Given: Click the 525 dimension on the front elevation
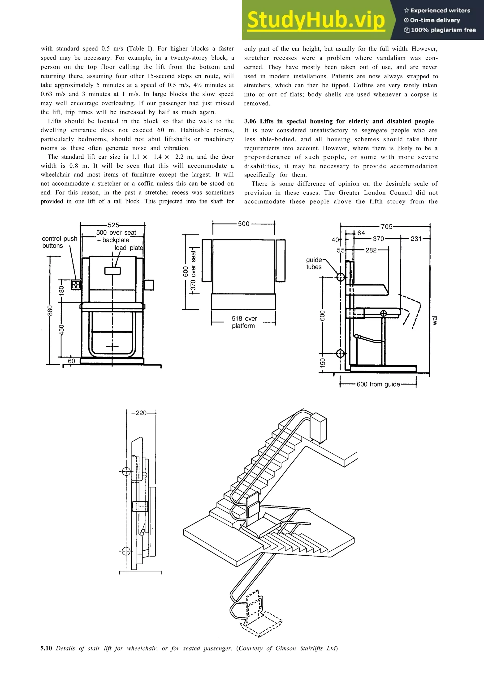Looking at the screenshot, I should pyautogui.click(x=113, y=225).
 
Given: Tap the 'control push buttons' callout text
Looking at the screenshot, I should pyautogui.click(x=59, y=242).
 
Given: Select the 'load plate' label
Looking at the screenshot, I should pyautogui.click(x=129, y=248).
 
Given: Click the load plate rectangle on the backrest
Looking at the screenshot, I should pyautogui.click(x=112, y=271).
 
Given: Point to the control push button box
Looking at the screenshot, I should pyautogui.click(x=76, y=285).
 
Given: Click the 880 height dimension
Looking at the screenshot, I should pyautogui.click(x=50, y=310).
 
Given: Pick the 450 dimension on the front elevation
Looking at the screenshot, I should pyautogui.click(x=61, y=330).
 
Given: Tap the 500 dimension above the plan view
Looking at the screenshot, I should pyautogui.click(x=243, y=224).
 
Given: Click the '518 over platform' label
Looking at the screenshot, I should pyautogui.click(x=244, y=322).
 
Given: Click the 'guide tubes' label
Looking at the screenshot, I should pyautogui.click(x=314, y=263).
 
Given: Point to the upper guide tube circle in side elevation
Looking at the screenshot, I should pyautogui.click(x=340, y=277).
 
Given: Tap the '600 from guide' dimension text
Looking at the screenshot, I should pyautogui.click(x=378, y=384).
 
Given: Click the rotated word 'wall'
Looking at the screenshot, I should pyautogui.click(x=435, y=319).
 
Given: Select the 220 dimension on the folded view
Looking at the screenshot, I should pyautogui.click(x=141, y=413).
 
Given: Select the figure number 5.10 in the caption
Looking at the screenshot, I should pyautogui.click(x=46, y=648).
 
